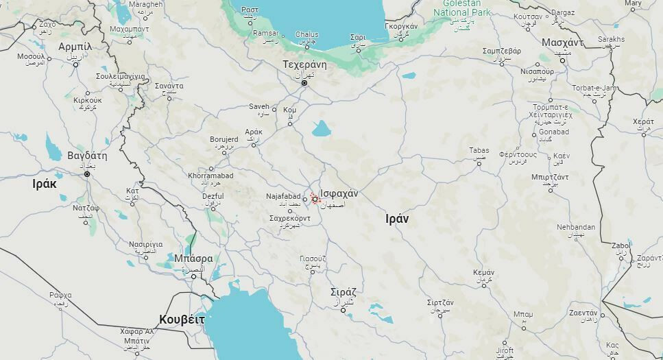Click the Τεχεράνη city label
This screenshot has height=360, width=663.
[304, 65]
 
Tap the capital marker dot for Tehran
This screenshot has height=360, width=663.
[304, 83]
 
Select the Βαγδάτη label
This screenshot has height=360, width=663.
[87, 156]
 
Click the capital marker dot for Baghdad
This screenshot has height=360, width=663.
[87, 174]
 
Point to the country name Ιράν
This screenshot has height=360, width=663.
[397, 219]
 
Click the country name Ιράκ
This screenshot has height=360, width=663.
[45, 184]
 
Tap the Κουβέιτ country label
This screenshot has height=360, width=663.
[182, 320]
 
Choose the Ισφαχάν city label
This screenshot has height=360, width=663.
[339, 193]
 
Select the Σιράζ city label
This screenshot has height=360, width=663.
[343, 291]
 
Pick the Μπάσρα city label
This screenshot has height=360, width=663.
[193, 259]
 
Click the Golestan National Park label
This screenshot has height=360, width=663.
[461, 8]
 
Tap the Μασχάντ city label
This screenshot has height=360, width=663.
[562, 43]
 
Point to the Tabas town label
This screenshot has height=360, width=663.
[479, 151]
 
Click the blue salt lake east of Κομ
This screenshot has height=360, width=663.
[321, 128]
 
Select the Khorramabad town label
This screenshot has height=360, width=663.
[210, 176]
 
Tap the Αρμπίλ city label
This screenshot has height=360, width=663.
[75, 46]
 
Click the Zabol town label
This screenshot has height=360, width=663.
[620, 245]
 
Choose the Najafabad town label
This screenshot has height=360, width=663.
[283, 197]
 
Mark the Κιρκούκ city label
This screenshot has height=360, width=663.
[87, 100]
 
